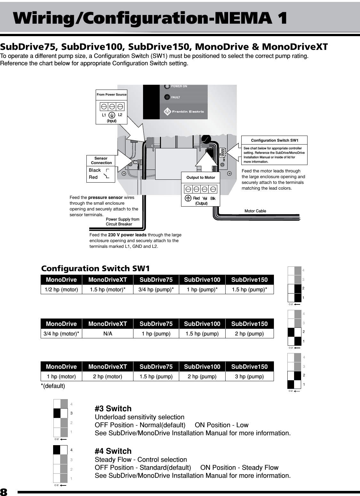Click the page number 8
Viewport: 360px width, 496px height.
pos(4,492)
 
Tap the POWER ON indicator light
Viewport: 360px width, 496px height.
pos(167,86)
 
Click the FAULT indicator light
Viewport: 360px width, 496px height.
pos(167,97)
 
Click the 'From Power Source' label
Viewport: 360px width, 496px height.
pos(112,94)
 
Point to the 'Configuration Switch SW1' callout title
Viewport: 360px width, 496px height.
pos(275,140)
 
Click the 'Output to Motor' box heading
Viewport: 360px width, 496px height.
pos(201,177)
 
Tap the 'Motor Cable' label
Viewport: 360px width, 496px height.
pos(255,211)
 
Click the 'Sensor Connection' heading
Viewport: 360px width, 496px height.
pos(101,161)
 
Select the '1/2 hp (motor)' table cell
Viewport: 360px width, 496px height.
pos(61,290)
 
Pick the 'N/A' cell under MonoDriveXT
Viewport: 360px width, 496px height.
pos(108,334)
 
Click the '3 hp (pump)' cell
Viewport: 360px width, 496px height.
pos(249,376)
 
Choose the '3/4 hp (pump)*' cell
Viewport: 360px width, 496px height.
pos(156,290)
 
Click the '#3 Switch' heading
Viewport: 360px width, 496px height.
pos(113,408)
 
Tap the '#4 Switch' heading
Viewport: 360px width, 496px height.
pos(113,451)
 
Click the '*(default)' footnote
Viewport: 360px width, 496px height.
pos(53,386)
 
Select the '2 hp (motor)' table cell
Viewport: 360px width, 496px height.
pos(108,376)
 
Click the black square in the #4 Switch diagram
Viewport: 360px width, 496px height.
pos(57,450)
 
